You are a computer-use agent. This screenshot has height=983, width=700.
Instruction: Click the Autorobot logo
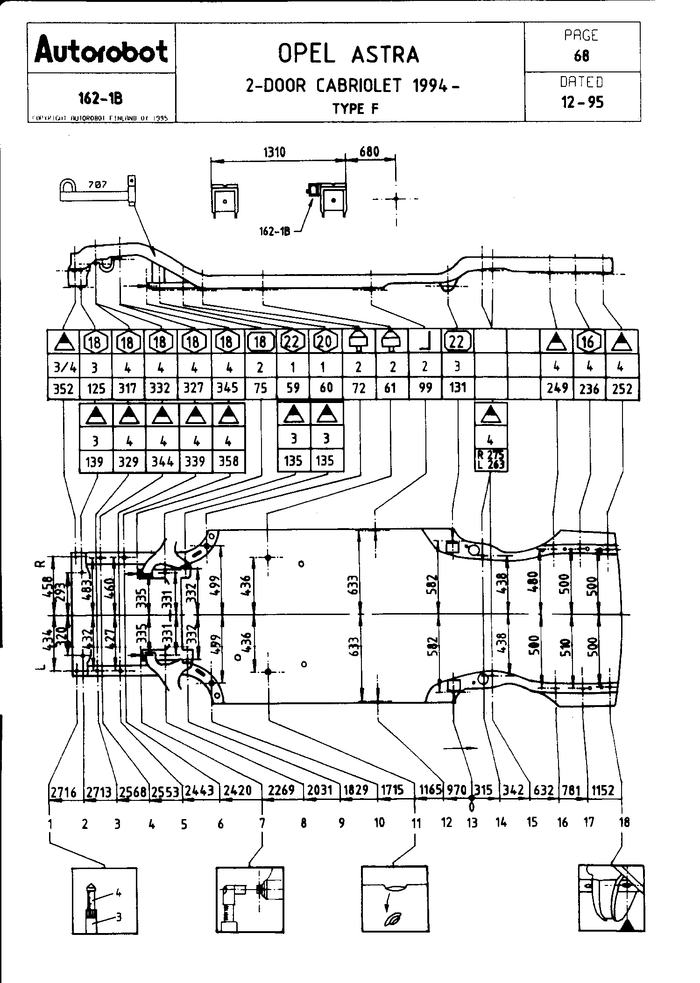point(101,51)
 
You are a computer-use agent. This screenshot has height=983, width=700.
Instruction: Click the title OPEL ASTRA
point(348,54)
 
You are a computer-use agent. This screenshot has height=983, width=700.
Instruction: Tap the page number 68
point(581,56)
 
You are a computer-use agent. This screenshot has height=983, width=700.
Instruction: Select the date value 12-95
point(582,102)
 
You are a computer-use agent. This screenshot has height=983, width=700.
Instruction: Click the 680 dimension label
point(369,152)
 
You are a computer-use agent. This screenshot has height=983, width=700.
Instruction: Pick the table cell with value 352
point(64,389)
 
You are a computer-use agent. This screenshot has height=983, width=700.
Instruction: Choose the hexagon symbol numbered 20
point(325,342)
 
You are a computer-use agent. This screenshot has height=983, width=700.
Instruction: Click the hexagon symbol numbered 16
point(588,342)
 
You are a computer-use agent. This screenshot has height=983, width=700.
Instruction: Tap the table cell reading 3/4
point(64,367)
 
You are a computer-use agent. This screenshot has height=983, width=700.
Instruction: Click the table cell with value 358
point(228,461)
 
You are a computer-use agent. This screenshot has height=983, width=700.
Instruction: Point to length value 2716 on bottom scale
point(63,791)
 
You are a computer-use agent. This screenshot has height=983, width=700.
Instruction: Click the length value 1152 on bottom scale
point(603,790)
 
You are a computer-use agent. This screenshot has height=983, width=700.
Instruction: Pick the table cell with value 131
point(457,388)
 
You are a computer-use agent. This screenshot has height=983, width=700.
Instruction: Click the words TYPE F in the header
point(355,109)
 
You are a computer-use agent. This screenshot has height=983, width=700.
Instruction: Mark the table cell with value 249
point(557,388)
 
